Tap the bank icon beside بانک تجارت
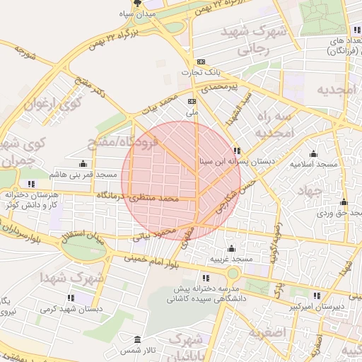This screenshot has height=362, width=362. (202, 62)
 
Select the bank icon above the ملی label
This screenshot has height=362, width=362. (192, 101)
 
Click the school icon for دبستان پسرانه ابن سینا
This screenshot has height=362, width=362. (237, 151)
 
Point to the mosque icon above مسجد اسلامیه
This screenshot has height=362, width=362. (313, 153)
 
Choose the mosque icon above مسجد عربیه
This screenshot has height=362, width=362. (231, 249)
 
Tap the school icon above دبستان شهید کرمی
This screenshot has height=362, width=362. (71, 298)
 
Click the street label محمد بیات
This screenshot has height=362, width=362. (158, 109)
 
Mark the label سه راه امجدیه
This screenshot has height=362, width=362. (273, 124)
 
